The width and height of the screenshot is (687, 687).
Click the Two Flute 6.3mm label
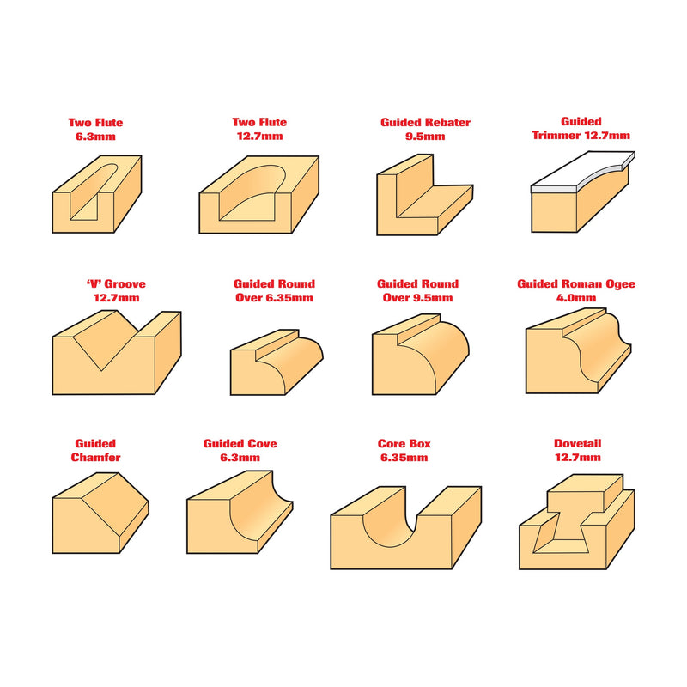click(95, 130)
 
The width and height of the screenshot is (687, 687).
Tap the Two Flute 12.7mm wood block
click(259, 195)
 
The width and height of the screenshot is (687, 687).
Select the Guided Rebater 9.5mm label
click(425, 130)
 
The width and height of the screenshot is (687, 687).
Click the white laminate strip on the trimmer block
click(583, 173)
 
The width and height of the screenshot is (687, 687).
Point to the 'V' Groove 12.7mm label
click(116, 290)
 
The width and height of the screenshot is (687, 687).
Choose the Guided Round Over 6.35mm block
click(277, 362)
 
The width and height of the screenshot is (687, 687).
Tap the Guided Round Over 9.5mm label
click(417, 290)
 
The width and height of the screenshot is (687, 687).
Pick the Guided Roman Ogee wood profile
click(578, 350)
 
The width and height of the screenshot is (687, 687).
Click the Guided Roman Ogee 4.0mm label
click(576, 290)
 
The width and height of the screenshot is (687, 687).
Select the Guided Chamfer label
click(95, 450)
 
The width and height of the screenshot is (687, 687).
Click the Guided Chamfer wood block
click(100, 513)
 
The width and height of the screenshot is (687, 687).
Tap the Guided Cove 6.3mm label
click(240, 450)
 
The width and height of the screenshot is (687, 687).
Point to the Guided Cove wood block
click(240, 513)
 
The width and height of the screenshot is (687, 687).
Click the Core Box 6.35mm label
click(404, 450)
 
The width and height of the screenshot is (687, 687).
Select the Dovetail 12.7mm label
click(577, 450)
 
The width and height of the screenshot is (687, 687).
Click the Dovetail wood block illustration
click(576, 521)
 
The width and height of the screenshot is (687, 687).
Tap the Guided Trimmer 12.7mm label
click(581, 128)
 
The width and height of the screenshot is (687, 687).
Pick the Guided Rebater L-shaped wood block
click(424, 195)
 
